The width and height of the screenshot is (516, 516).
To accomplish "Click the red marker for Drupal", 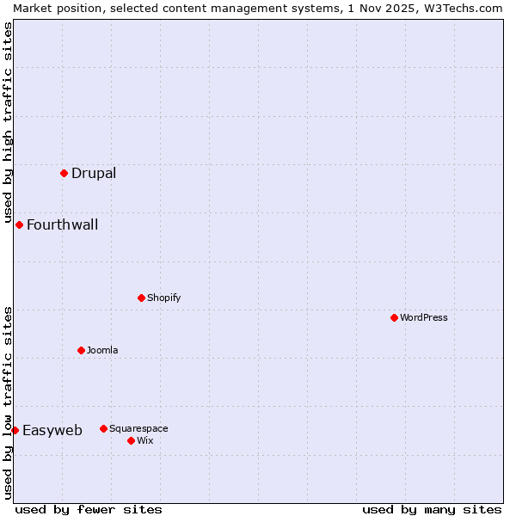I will pos(64,173).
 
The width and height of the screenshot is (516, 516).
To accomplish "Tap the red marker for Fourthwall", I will pos(19,224).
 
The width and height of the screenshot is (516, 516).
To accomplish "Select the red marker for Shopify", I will pos(141,298).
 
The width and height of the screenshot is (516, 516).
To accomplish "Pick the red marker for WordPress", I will pos(394,317).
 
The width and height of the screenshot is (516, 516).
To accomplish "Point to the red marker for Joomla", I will pos(81,350).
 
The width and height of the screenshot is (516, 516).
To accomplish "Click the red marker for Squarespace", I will pos(103,428).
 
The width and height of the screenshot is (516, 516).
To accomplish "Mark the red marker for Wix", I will pos(131,440).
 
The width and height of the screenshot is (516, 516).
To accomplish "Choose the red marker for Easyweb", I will pos(15,430).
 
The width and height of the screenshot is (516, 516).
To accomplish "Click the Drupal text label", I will pos(94,173).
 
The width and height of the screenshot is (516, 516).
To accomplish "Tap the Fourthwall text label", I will pos(62,225).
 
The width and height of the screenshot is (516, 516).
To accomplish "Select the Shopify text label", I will pos(163,298).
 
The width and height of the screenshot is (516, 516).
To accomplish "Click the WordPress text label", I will pos(423,317).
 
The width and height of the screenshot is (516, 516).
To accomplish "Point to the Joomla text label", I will pos(102,350).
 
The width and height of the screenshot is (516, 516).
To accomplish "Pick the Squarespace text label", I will pos(138,428).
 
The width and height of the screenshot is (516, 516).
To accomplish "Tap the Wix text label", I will pos(144,440).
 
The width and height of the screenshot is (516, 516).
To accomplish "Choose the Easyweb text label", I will pos(52,431).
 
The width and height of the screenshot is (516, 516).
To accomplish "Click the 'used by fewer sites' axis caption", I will pos(89,509).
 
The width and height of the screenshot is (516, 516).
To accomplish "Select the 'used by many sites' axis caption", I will pos(432,509).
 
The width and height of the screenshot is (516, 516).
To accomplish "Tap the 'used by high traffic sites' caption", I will pos(8,116).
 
